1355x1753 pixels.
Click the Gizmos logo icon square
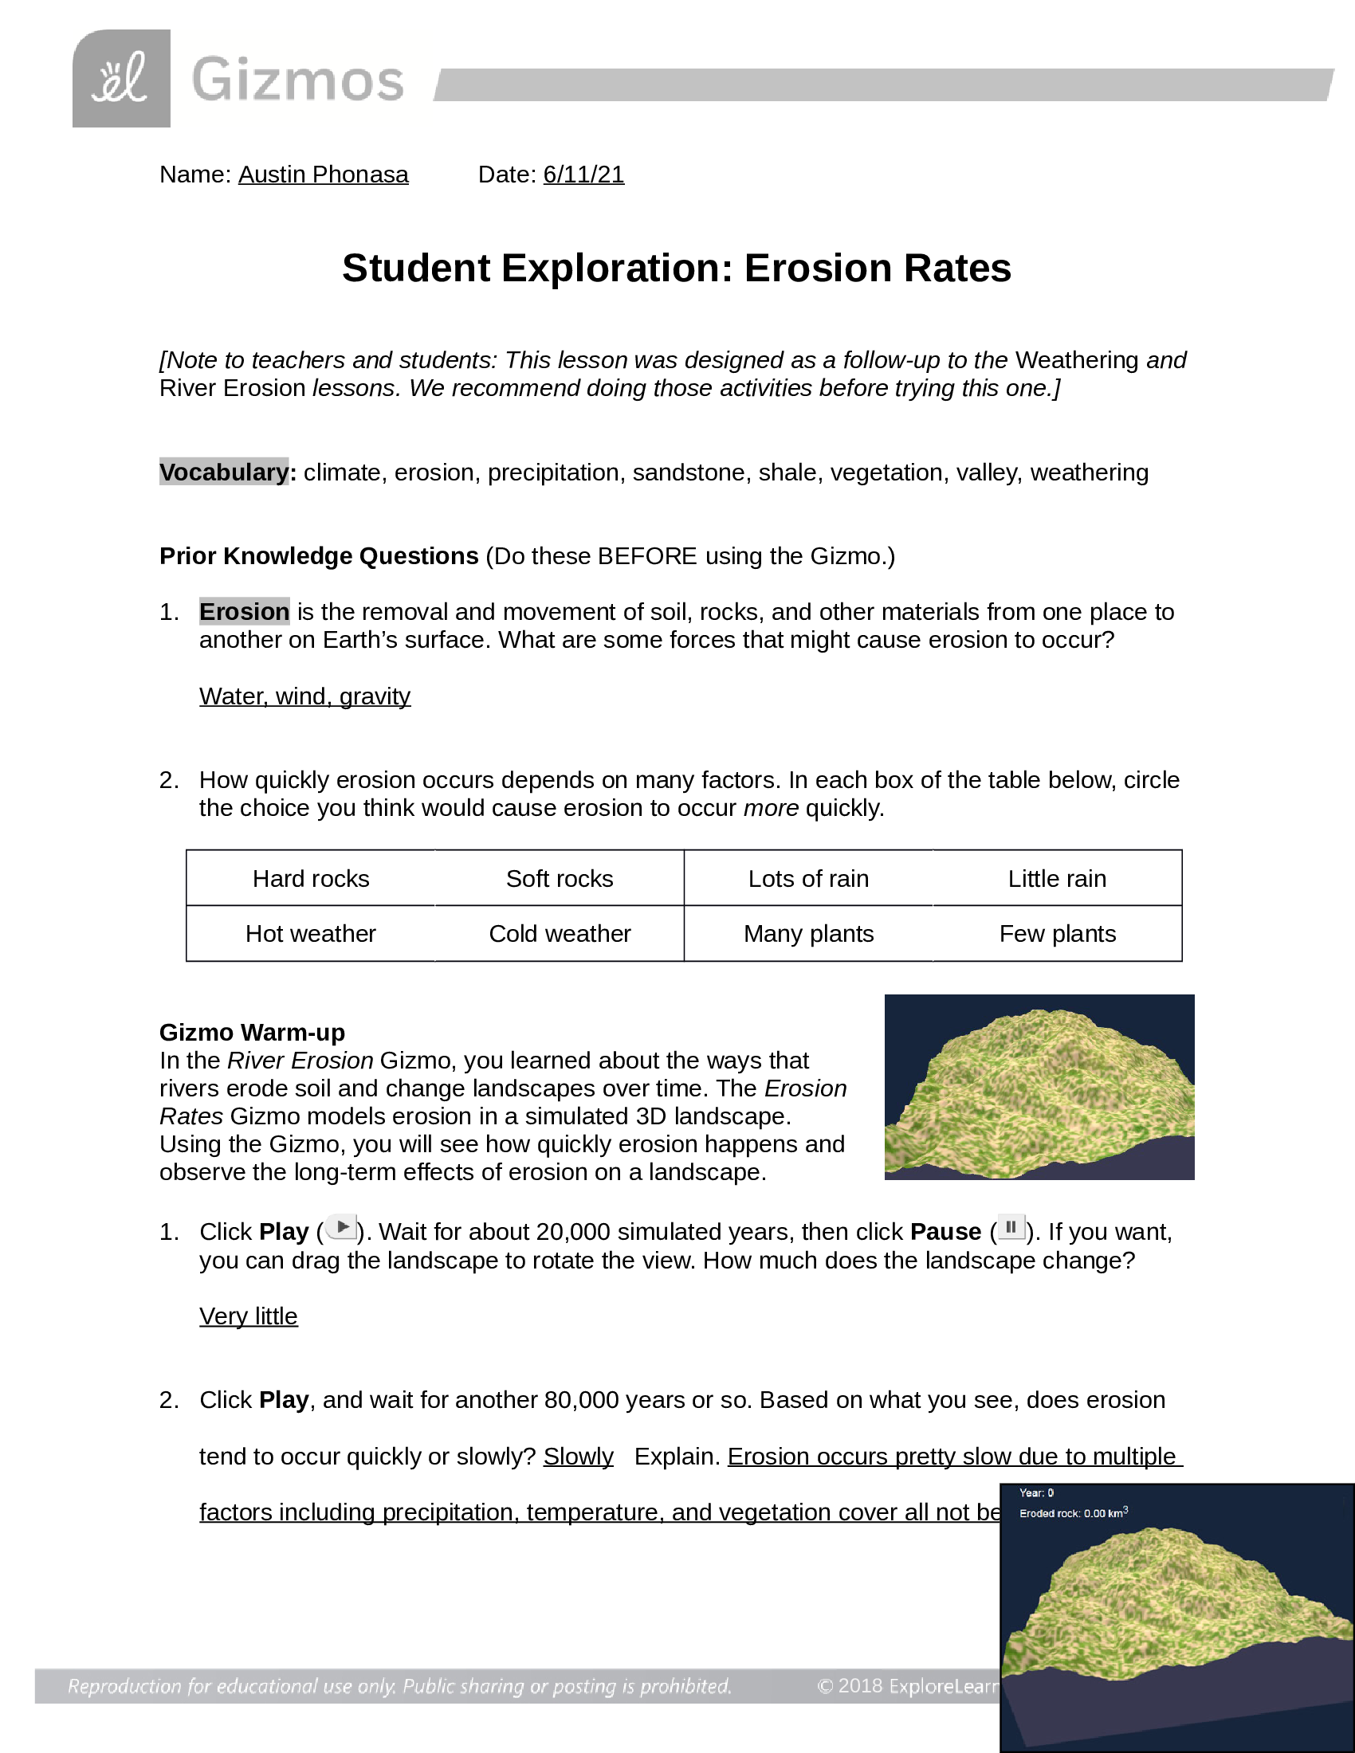[121, 79]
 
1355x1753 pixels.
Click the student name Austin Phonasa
[323, 175]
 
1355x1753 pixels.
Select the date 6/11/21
[583, 175]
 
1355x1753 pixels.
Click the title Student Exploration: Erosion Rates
[676, 268]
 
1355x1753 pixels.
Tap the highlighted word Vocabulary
[224, 472]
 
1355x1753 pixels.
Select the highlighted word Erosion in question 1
[244, 612]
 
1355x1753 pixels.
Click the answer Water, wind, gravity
[304, 696]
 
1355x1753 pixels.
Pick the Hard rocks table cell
[311, 878]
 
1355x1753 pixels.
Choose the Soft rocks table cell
[559, 878]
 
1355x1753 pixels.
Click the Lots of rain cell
[807, 878]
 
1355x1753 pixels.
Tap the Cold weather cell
[559, 934]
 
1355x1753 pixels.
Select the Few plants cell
[1056, 934]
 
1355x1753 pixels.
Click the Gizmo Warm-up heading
[252, 1032]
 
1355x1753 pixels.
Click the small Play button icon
[342, 1227]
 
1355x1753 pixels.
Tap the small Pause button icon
[1011, 1227]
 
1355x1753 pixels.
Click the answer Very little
[248, 1316]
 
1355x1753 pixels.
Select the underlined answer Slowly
[578, 1456]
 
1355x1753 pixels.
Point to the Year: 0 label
[1035, 1493]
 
